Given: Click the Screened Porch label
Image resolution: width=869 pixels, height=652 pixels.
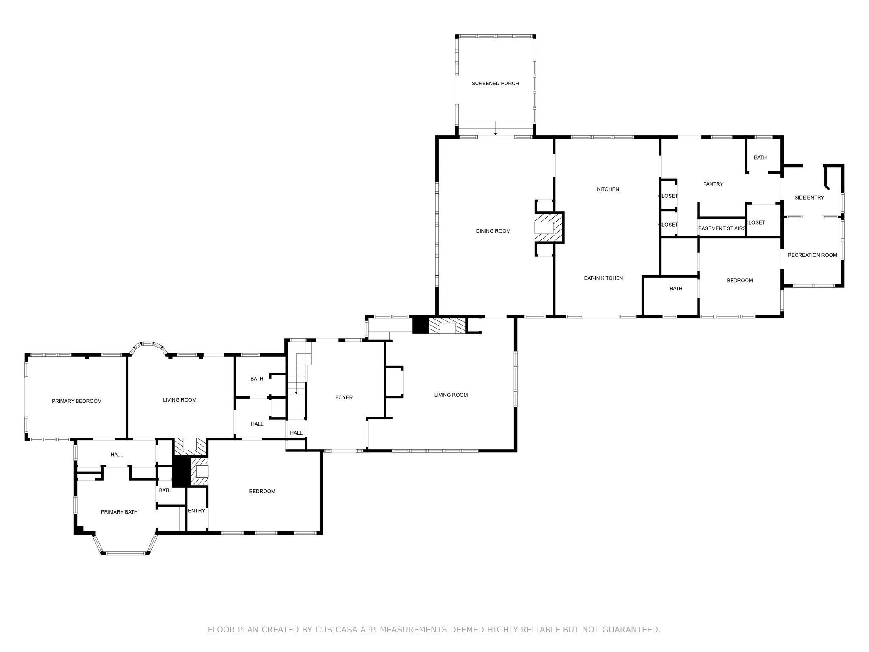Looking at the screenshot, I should coord(495,84).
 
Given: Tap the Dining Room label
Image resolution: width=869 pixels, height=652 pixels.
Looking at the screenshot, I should coord(493,231).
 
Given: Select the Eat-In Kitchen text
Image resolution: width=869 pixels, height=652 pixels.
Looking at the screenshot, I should coord(603,278).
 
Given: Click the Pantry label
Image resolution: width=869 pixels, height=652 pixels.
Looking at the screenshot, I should coord(713,184).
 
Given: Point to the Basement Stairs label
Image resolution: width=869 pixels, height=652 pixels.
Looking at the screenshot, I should coord(722,228).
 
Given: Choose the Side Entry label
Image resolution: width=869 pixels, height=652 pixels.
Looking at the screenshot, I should coord(809,198).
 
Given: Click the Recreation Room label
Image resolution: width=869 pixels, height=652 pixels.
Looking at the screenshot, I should coord(812,255).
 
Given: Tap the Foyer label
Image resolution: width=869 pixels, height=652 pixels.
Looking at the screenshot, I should coord(344,398).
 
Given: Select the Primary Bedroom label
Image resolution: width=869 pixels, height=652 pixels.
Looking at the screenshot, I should coord(77,401).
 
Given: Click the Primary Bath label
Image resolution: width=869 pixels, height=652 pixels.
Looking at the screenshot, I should coord(119,512).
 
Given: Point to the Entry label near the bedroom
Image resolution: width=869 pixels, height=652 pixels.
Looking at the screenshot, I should coord(196,511).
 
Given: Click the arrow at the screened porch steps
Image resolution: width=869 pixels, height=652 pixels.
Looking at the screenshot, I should coord(496,133).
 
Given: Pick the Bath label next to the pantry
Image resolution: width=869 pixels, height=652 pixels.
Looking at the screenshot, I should coord(760,158).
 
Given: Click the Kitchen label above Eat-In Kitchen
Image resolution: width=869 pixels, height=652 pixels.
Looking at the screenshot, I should coord(608,189).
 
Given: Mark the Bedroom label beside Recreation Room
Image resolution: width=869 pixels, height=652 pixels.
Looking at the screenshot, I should coord(740,281).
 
